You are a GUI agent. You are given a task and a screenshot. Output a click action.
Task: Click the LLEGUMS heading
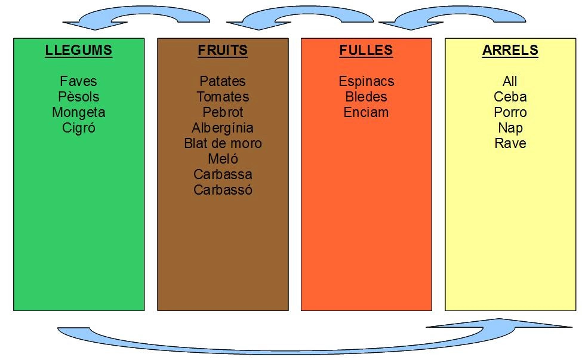click(78, 51)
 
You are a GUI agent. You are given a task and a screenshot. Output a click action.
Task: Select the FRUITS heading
click(223, 51)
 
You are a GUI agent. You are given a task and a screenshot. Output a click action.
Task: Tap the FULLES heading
click(366, 51)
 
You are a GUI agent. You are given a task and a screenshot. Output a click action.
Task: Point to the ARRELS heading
click(510, 51)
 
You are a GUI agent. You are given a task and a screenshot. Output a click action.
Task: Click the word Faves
click(78, 81)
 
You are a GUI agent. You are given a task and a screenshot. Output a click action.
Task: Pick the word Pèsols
click(78, 97)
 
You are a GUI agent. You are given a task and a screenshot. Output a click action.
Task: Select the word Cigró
click(78, 128)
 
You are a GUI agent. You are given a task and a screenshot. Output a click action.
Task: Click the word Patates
click(223, 81)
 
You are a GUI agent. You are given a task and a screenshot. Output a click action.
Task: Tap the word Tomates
click(223, 97)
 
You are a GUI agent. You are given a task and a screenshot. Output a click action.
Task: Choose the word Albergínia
click(223, 128)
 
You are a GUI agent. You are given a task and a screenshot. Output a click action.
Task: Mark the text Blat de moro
click(223, 143)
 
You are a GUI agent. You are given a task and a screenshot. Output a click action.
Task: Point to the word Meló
click(223, 159)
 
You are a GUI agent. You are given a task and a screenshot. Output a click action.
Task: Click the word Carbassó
click(223, 190)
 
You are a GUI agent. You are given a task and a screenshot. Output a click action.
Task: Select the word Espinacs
click(366, 81)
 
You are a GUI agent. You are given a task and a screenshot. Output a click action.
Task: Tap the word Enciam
click(366, 112)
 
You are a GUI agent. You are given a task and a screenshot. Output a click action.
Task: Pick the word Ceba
click(510, 97)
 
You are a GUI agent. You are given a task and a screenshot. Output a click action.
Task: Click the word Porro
click(510, 112)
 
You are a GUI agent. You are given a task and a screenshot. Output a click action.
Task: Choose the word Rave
click(510, 143)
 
